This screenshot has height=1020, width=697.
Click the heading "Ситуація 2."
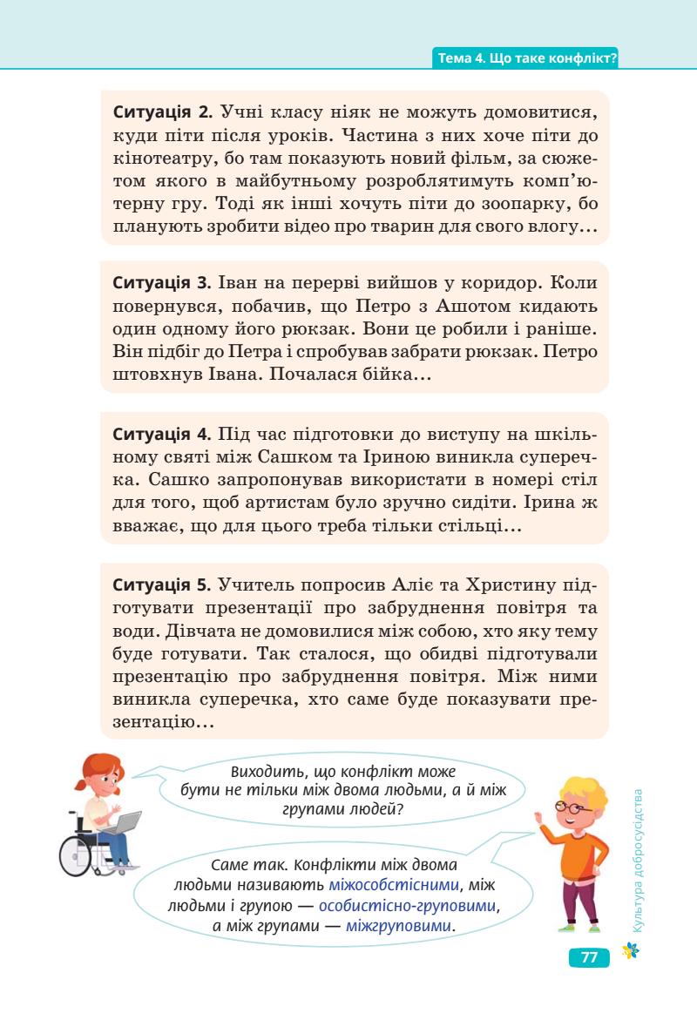pyautogui.click(x=163, y=113)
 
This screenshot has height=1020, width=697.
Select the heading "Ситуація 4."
pyautogui.click(x=163, y=434)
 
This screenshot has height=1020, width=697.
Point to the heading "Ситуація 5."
pyautogui.click(x=163, y=584)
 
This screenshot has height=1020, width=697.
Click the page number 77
pyautogui.click(x=589, y=956)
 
